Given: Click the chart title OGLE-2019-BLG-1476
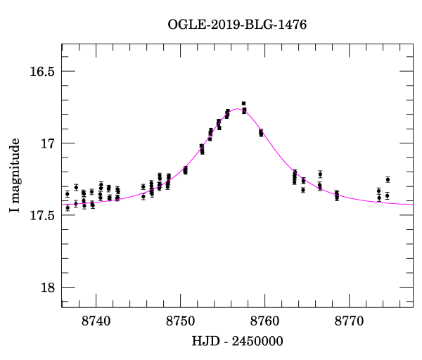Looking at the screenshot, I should pyautogui.click(x=237, y=25).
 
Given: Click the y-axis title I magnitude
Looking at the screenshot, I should pyautogui.click(x=15, y=176).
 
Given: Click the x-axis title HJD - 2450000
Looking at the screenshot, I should pyautogui.click(x=237, y=341).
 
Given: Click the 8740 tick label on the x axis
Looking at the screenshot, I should pyautogui.click(x=96, y=321).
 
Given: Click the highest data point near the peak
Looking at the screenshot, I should pyautogui.click(x=243, y=103).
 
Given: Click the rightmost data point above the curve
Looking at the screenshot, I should pyautogui.click(x=388, y=179).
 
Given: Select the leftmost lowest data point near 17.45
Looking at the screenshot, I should pyautogui.click(x=68, y=207).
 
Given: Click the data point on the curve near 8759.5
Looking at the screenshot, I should pyautogui.click(x=261, y=132).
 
